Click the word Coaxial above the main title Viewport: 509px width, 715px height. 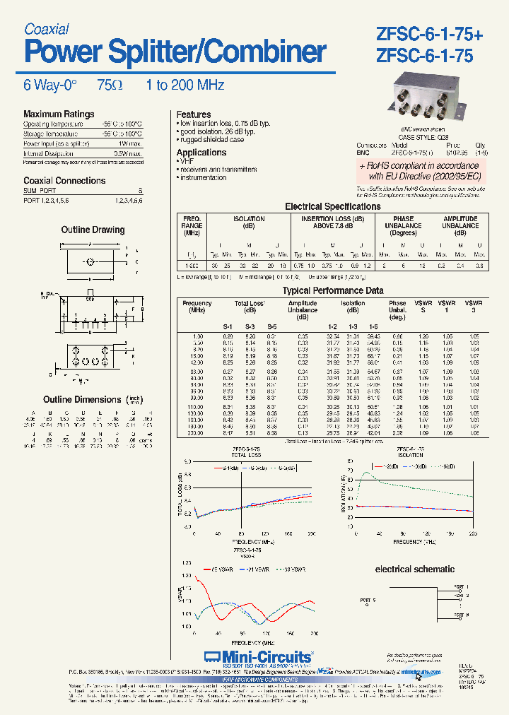point(46,29)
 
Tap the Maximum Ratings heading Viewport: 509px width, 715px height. point(59,114)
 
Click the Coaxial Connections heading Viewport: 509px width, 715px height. point(64,180)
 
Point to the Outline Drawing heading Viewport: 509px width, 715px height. point(93,230)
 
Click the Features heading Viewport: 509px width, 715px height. point(194,114)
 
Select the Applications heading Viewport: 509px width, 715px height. point(201,153)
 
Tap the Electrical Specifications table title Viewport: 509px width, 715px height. point(332,206)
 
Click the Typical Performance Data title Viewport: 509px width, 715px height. point(323,290)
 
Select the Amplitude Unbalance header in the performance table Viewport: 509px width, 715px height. point(303,307)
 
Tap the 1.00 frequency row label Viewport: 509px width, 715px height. point(197,336)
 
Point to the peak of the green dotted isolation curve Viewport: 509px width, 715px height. point(365,473)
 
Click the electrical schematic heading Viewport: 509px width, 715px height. point(414,569)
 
